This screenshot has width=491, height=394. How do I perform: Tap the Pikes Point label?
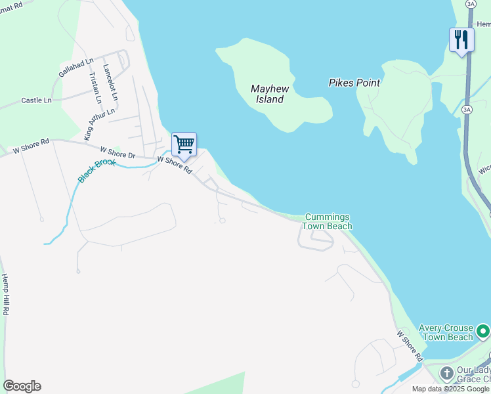pos(354,83)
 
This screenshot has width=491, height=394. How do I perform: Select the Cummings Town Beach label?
pos(327,222)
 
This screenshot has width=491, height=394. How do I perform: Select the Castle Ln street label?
pos(36,100)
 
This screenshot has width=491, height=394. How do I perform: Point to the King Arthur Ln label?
pos(99,119)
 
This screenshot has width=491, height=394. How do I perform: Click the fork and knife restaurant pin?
pos(461,40)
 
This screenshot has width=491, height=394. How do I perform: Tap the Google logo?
pos(22,386)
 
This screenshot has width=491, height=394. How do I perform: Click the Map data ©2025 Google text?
pos(451,389)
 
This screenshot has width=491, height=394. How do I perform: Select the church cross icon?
pos(446,374)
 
